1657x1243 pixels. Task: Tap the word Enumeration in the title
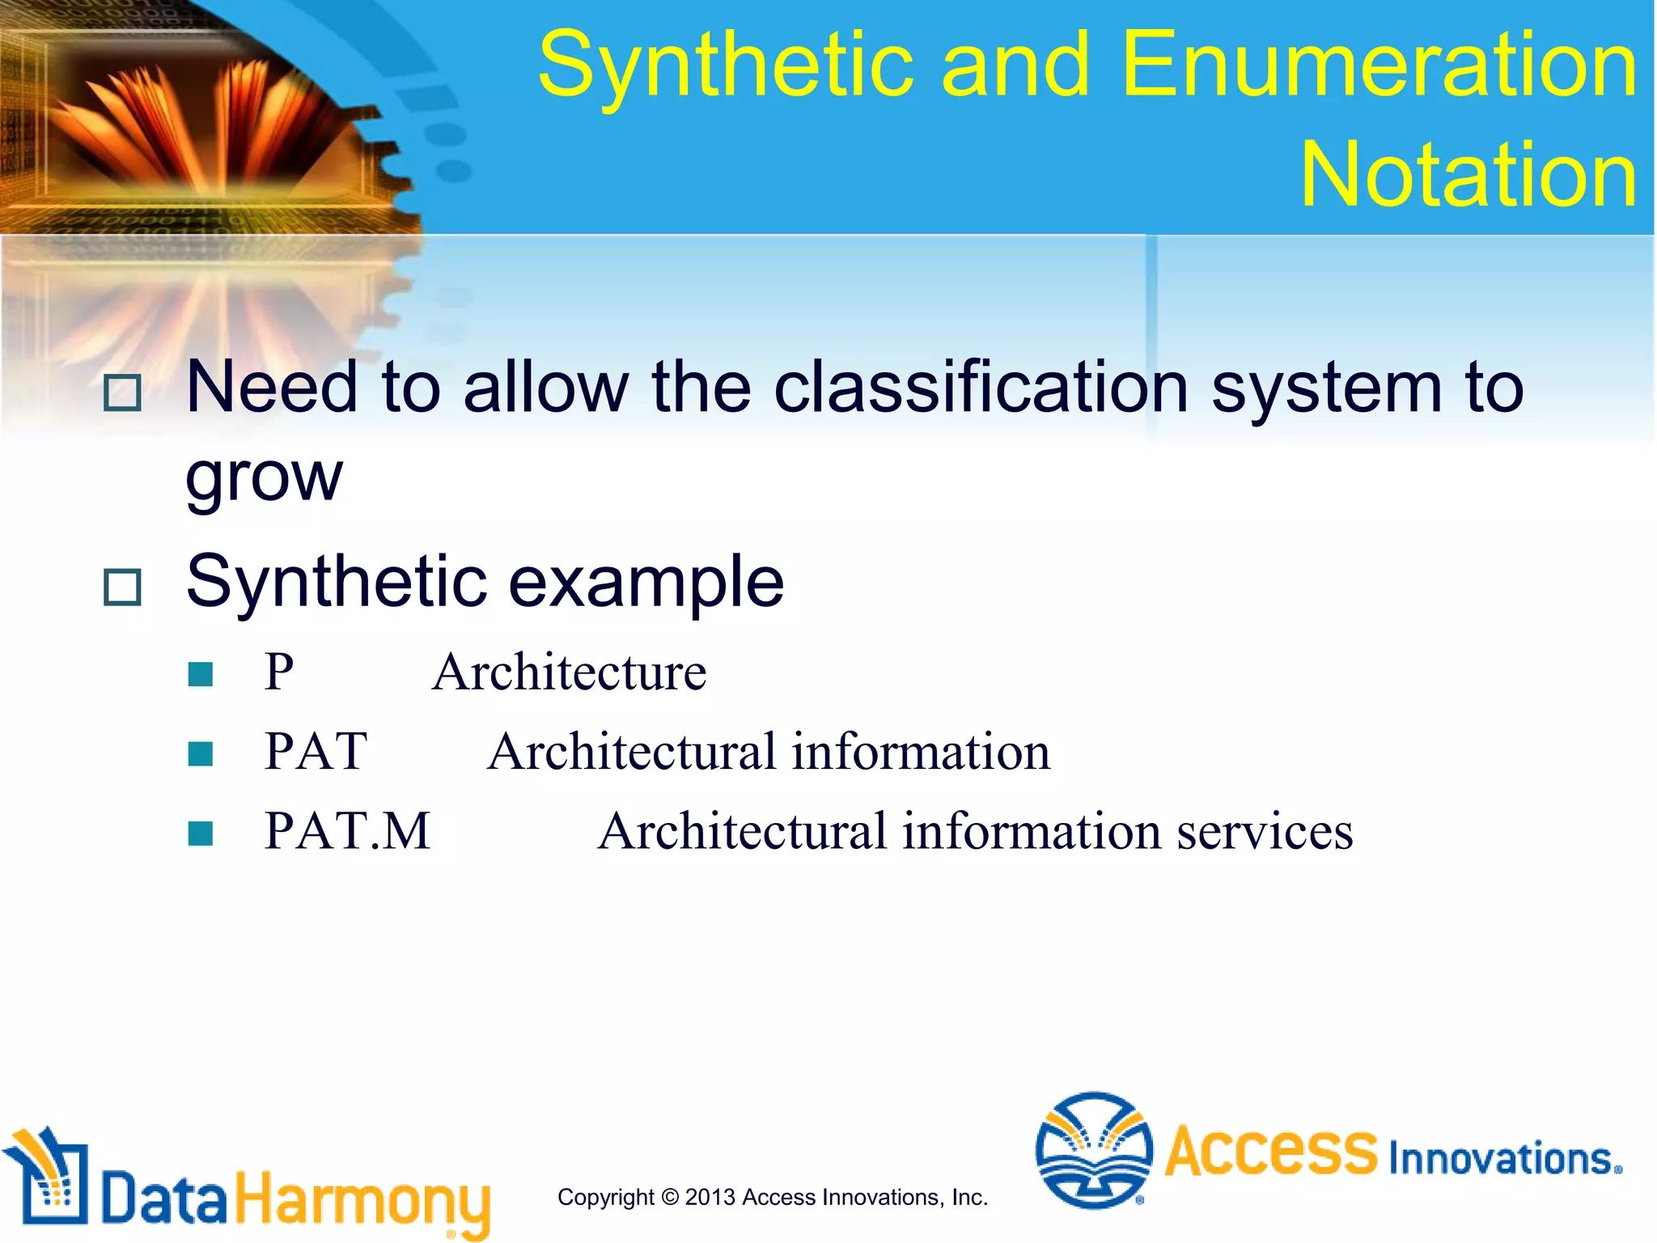(1379, 65)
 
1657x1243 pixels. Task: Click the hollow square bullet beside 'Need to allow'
(123, 393)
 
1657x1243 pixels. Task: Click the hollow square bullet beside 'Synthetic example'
(123, 587)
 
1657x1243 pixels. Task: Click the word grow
(264, 477)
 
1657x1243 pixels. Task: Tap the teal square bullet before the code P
(200, 674)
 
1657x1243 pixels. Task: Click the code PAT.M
(347, 831)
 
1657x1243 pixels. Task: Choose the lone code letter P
(279, 672)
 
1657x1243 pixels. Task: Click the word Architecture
(569, 672)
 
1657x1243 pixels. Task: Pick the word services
(1264, 831)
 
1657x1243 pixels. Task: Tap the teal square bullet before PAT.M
(200, 834)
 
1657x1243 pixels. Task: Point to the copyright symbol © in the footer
(669, 1198)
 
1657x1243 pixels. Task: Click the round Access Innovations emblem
(1093, 1150)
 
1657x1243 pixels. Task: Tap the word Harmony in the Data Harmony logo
(362, 1199)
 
